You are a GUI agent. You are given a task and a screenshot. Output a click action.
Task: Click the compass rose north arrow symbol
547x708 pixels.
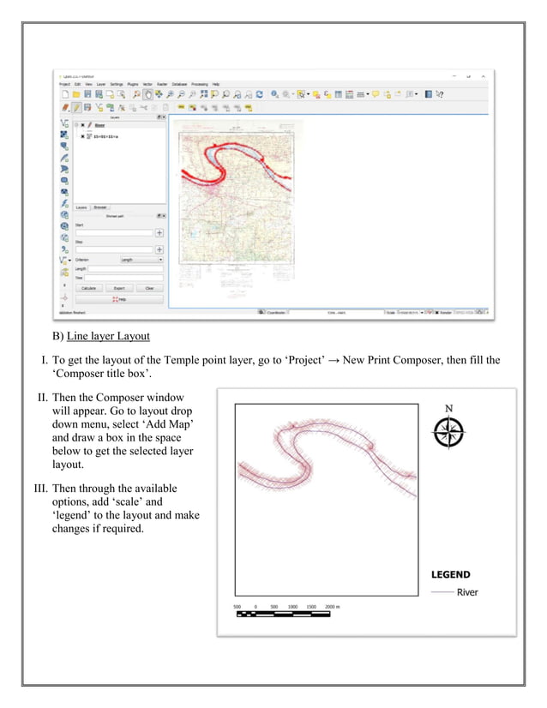[448, 433]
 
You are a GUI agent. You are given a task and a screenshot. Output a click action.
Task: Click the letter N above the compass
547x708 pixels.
[448, 407]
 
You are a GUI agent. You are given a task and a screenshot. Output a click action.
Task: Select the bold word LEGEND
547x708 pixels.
[450, 575]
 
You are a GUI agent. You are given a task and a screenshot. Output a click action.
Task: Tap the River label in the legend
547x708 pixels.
[467, 592]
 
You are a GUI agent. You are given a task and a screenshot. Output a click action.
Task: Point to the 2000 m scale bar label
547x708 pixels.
[332, 607]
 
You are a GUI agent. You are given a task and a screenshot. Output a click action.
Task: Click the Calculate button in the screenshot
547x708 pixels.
[88, 288]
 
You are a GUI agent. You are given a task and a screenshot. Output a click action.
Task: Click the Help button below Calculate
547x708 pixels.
[119, 300]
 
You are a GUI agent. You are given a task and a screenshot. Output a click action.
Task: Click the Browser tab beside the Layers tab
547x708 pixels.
[100, 207]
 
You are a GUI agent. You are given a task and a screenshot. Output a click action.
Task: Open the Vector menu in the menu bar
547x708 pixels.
[147, 84]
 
